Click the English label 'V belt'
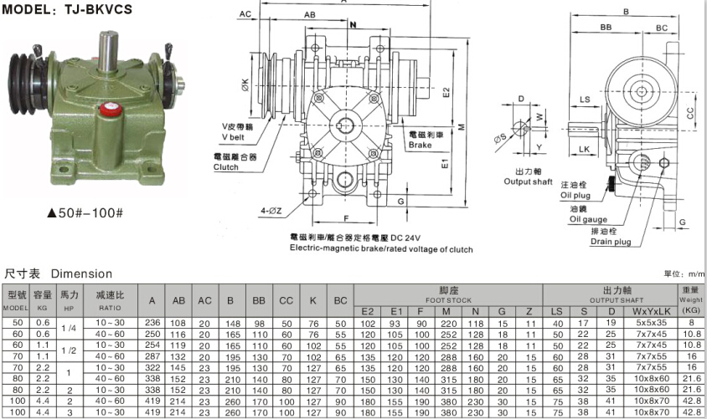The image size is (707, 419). pyautogui.click(x=235, y=136)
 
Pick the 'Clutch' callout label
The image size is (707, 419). pyautogui.click(x=226, y=167)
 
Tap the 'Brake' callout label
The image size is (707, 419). pyautogui.click(x=420, y=145)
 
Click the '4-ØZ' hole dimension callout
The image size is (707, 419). pyautogui.click(x=272, y=209)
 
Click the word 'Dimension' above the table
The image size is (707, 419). pyautogui.click(x=81, y=273)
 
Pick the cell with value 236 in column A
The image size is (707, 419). pyautogui.click(x=152, y=323)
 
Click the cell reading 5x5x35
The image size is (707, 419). pyautogui.click(x=650, y=322)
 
